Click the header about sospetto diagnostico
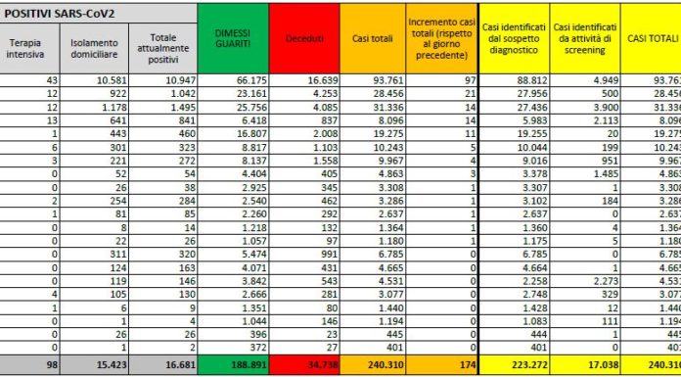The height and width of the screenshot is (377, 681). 512,38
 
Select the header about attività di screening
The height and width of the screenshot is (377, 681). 583,38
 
